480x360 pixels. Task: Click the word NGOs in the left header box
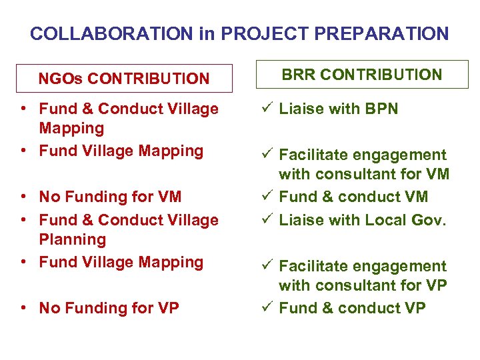(61, 79)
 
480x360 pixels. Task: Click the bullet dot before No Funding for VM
(23, 197)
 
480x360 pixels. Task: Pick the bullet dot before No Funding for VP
(23, 309)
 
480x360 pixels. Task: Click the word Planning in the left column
(72, 239)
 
